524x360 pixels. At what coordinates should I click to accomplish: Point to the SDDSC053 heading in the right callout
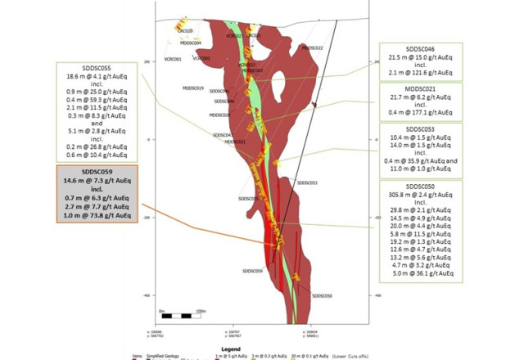coord(420,129)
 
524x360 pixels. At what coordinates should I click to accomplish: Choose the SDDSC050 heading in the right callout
coord(420,187)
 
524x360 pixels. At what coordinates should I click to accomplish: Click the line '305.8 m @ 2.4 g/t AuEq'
coord(420,196)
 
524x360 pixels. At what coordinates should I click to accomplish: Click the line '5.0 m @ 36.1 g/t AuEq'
coord(420,274)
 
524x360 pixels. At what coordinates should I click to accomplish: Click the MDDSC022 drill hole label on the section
coord(312,47)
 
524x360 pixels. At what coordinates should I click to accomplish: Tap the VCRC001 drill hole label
coord(173,60)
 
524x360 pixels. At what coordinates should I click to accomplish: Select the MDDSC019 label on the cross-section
coord(193,88)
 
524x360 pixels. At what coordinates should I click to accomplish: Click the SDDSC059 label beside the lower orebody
coord(252,271)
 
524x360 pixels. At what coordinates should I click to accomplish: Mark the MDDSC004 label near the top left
coord(191,43)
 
